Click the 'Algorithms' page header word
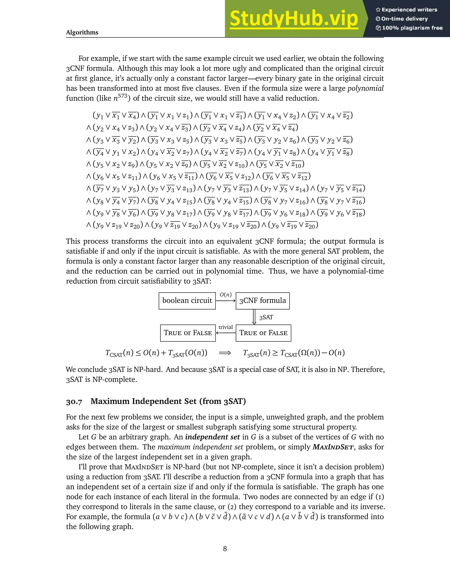(x=82, y=33)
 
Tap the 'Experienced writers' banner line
(x=406, y=10)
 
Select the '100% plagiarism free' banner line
(x=409, y=28)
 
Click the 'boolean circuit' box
(x=187, y=301)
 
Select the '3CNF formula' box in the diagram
(x=263, y=301)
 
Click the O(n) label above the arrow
(x=225, y=295)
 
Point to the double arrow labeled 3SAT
(x=254, y=317)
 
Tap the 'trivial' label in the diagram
(x=225, y=327)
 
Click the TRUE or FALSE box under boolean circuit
(x=188, y=333)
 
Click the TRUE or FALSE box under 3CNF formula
(x=263, y=333)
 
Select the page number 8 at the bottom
(x=225, y=548)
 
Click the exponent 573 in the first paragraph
(x=122, y=95)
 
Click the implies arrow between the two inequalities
(x=225, y=353)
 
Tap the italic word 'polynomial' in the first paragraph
(x=365, y=88)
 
